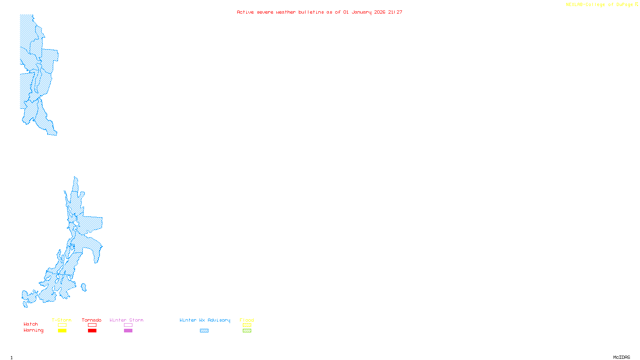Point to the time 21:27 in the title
[x=395, y=12]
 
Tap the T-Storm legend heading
[x=62, y=320]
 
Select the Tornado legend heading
[x=92, y=320]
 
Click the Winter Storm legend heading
[x=126, y=320]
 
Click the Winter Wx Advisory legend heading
[x=205, y=320]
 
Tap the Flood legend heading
[x=247, y=320]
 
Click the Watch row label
[x=31, y=324]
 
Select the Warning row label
[x=34, y=330]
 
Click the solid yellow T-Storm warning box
[x=62, y=331]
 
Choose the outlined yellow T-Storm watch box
[x=62, y=325]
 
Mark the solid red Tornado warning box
[x=92, y=331]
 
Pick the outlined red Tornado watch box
[x=92, y=325]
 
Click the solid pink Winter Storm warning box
[x=128, y=331]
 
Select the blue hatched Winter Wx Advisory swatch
[x=204, y=331]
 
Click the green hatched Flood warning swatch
[x=247, y=331]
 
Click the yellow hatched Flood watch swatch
[x=247, y=325]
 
